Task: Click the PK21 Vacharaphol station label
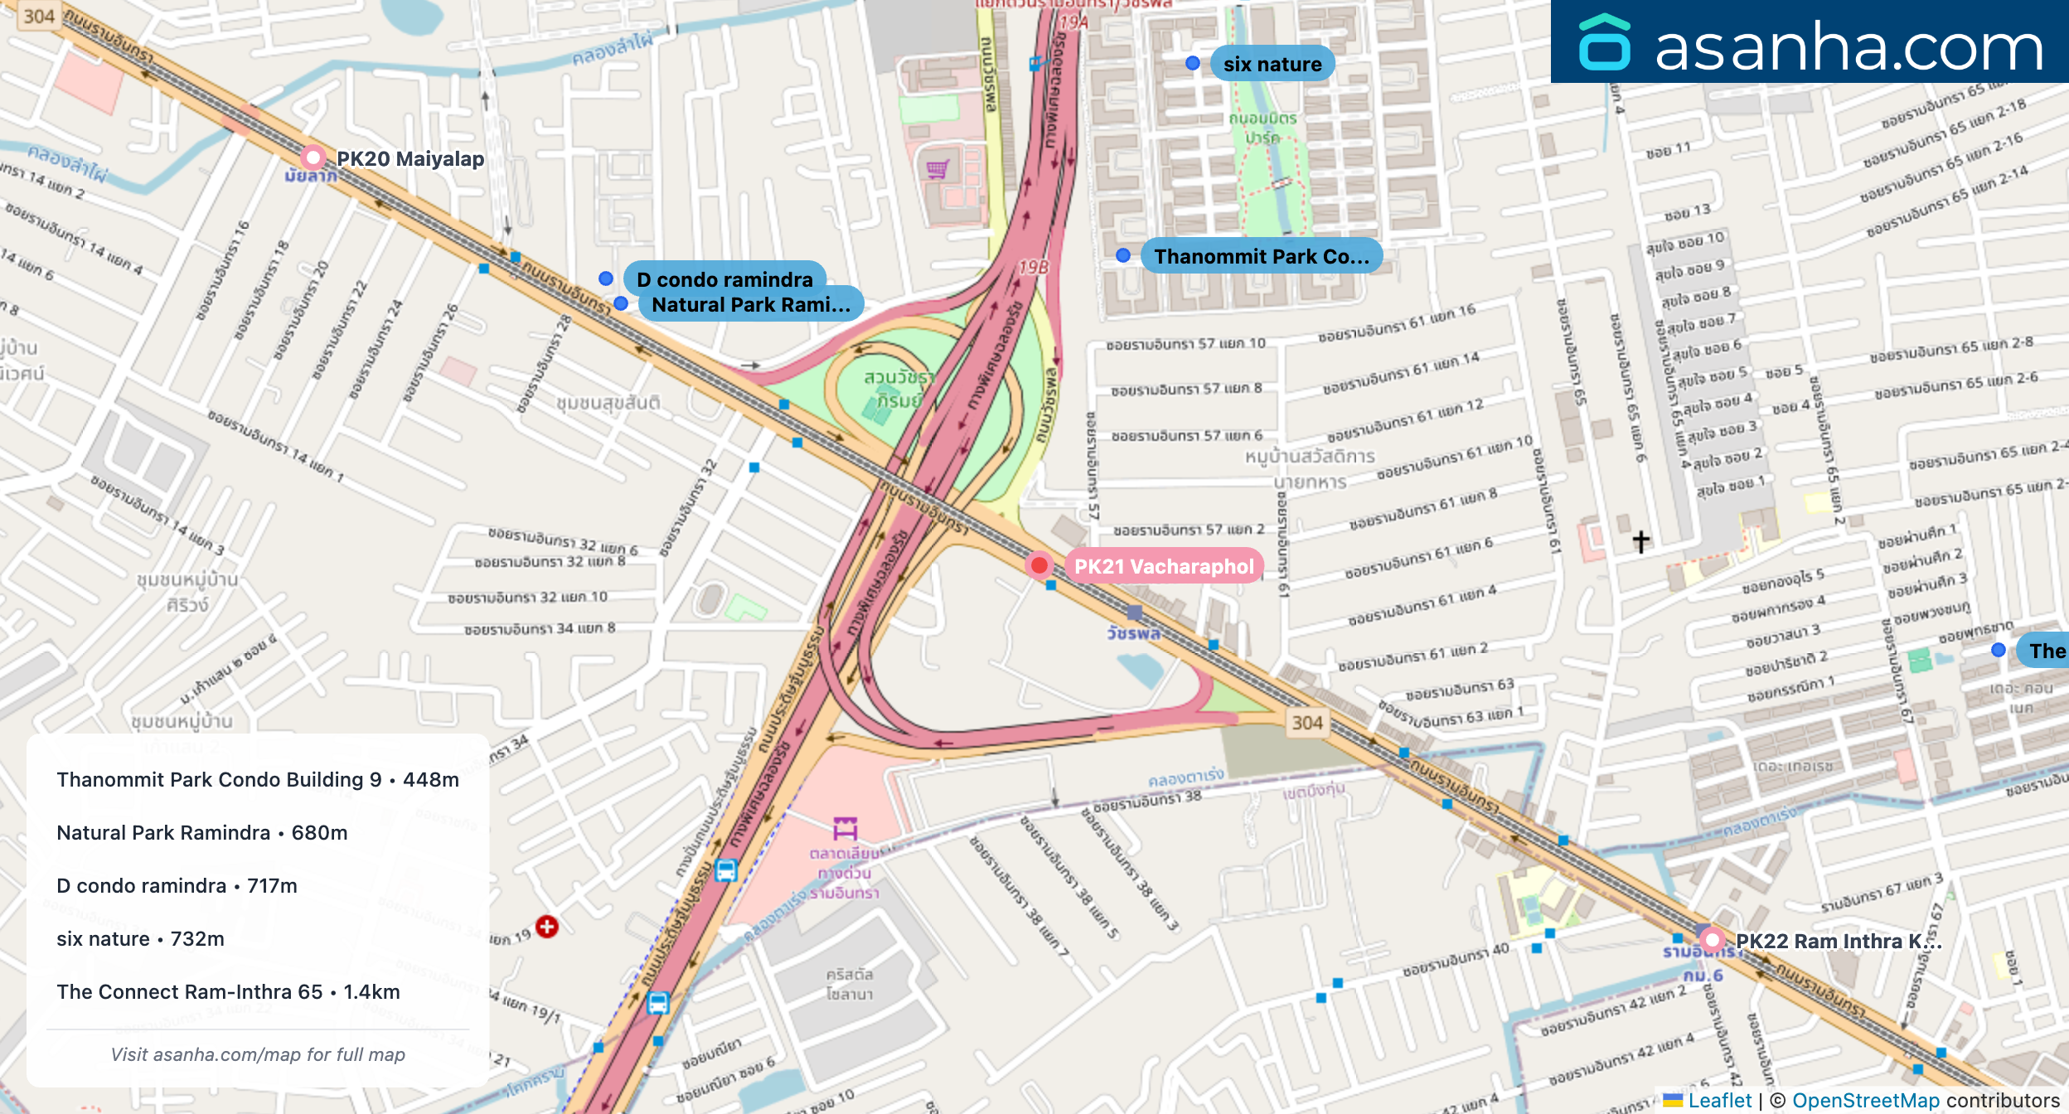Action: pyautogui.click(x=1163, y=567)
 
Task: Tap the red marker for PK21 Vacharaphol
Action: pyautogui.click(x=1039, y=566)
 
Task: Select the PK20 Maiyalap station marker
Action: pyautogui.click(x=313, y=157)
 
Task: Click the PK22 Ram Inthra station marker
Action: pyautogui.click(x=1712, y=940)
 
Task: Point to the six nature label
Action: pyautogui.click(x=1272, y=64)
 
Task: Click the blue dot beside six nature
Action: pyautogui.click(x=1193, y=63)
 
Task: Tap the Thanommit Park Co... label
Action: pyautogui.click(x=1261, y=256)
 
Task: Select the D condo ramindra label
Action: pyautogui.click(x=724, y=278)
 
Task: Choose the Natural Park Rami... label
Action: pyautogui.click(x=751, y=305)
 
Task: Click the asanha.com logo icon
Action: pyautogui.click(x=1605, y=42)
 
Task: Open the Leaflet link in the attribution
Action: pyautogui.click(x=1720, y=1101)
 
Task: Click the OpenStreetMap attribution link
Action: pyautogui.click(x=1866, y=1101)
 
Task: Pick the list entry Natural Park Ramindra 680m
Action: pyautogui.click(x=202, y=833)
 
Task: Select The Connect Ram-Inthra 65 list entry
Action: pyautogui.click(x=228, y=992)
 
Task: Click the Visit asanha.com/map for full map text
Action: pyautogui.click(x=258, y=1054)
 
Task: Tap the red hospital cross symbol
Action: pyautogui.click(x=547, y=927)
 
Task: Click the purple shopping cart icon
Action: pyautogui.click(x=938, y=169)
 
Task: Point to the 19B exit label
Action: pyautogui.click(x=1033, y=268)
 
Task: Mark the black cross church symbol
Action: pyautogui.click(x=1641, y=541)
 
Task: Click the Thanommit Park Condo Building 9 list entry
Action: pyautogui.click(x=258, y=780)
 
